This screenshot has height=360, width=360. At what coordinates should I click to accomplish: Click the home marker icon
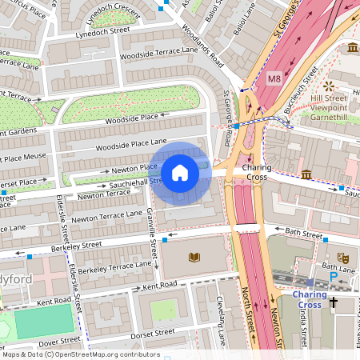pos(180,172)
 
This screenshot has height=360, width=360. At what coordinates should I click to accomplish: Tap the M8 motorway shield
pos(274,78)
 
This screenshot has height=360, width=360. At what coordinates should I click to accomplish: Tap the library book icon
pos(194,257)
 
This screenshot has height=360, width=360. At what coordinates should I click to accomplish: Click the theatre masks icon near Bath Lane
pos(343,258)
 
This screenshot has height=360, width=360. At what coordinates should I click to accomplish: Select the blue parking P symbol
pos(334,277)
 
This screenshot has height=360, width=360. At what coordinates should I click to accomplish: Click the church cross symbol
pos(334,303)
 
